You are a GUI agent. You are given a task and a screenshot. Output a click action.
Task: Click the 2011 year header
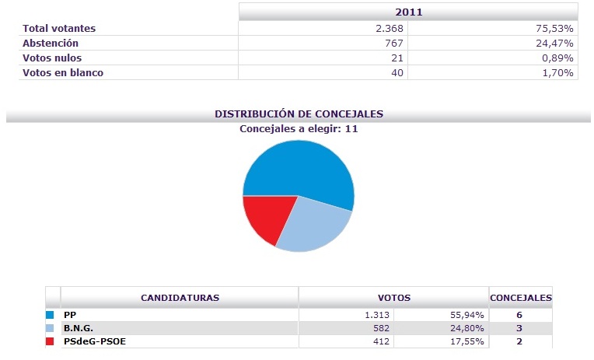408,12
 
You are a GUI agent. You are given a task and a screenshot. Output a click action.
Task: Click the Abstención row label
51,44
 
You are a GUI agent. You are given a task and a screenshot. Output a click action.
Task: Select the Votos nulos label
52,58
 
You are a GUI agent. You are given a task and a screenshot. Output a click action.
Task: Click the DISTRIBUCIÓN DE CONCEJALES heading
299,114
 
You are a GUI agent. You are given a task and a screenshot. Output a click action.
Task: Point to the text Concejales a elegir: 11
299,128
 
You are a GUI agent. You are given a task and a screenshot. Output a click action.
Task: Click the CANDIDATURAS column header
180,298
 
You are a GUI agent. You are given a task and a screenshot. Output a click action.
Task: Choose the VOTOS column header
393,298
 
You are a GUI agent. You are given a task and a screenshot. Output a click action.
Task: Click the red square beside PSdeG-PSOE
51,341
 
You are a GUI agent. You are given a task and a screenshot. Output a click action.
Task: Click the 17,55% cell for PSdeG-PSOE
468,341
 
